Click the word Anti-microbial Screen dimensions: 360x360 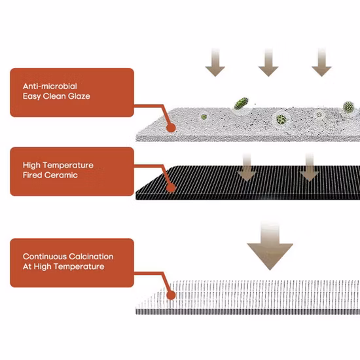point(50,86)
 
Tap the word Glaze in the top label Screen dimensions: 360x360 point(79,96)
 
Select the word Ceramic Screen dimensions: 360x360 point(61,175)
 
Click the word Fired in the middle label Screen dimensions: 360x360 point(32,175)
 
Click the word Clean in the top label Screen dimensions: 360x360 point(54,96)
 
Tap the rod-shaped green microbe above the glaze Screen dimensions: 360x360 point(241,103)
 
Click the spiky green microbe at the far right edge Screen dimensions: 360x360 point(348,107)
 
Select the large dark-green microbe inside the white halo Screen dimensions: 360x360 point(281,119)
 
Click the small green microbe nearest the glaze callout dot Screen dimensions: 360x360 point(204,117)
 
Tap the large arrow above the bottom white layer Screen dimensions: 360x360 point(270,246)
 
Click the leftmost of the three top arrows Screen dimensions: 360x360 point(215,62)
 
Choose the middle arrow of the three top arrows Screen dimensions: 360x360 point(268,62)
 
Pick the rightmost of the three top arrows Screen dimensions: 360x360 point(321,62)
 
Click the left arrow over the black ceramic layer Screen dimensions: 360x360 point(247,168)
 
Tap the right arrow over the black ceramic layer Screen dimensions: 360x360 point(310,168)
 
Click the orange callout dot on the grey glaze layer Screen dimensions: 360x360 point(171,128)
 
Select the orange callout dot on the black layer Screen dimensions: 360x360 point(171,188)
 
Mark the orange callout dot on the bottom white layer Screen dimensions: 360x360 point(171,295)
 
